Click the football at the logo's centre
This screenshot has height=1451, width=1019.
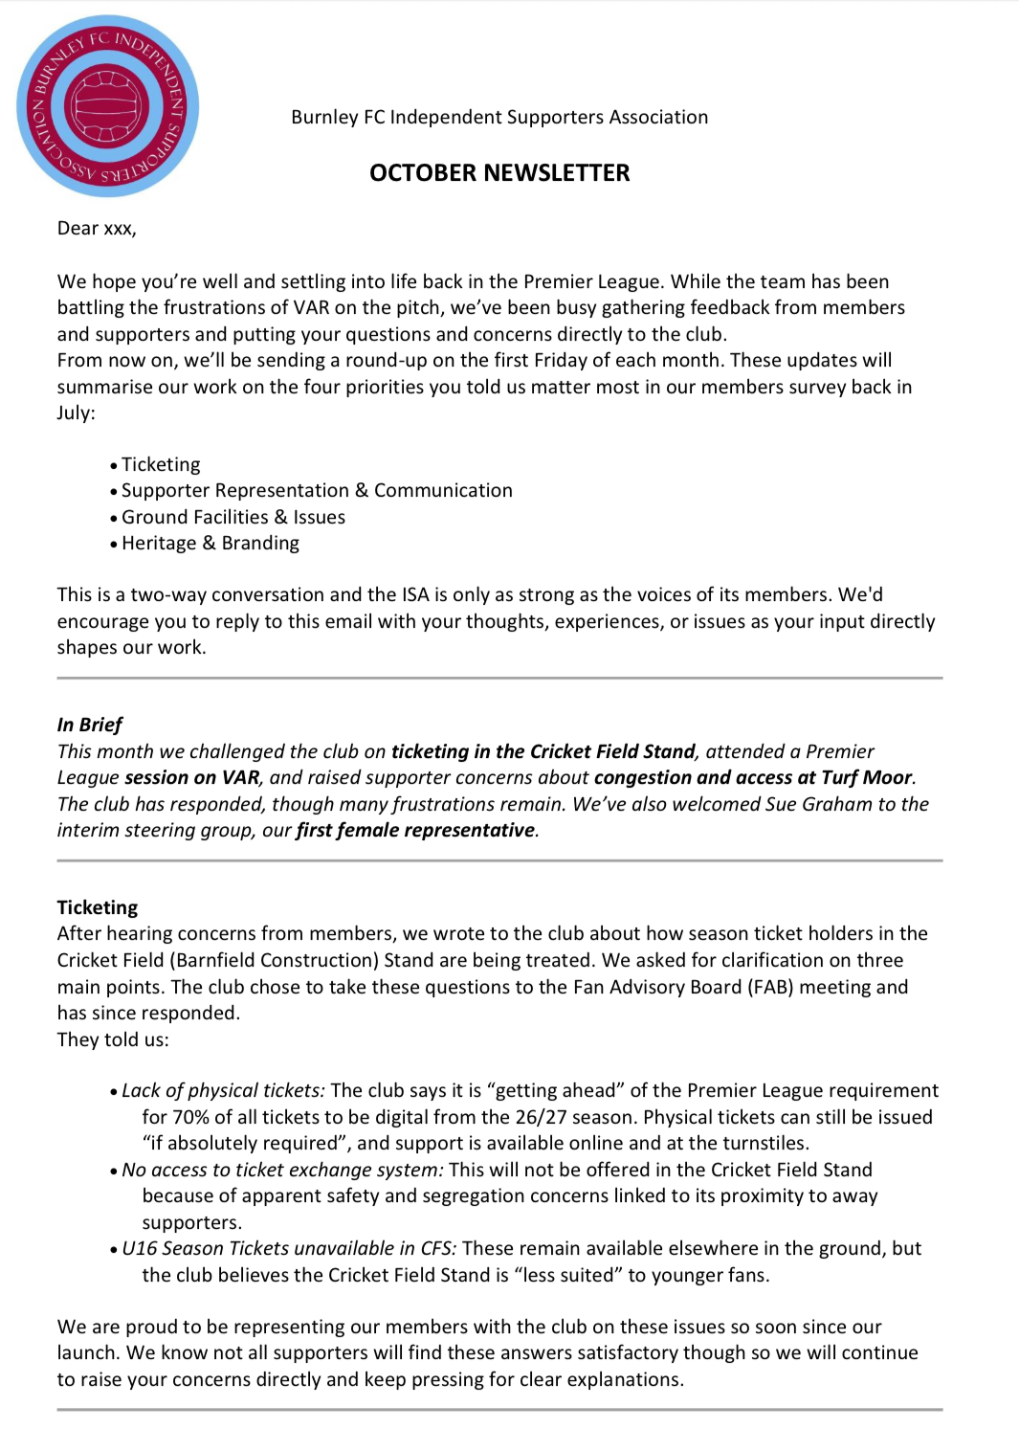[x=106, y=105]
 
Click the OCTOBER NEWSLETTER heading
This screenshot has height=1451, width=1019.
[x=499, y=173]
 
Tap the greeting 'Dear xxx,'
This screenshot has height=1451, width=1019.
[x=97, y=228]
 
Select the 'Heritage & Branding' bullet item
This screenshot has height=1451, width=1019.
[x=210, y=544]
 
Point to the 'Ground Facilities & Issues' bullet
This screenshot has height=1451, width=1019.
[x=233, y=517]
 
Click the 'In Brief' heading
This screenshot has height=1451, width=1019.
[x=90, y=725]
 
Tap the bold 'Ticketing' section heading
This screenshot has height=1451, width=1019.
[x=98, y=907]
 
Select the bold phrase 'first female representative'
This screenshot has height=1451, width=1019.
[x=414, y=830]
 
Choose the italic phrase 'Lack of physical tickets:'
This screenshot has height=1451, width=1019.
[x=223, y=1090]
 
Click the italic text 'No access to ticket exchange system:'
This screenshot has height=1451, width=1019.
[x=282, y=1170]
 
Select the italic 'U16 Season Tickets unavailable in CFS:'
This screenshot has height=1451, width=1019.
[x=289, y=1248]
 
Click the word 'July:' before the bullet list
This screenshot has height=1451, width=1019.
[x=77, y=413]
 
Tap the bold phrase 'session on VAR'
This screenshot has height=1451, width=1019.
[x=191, y=777]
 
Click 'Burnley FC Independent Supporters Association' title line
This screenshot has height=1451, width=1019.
[x=499, y=117]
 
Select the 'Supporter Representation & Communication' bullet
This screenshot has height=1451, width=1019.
[x=317, y=490]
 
